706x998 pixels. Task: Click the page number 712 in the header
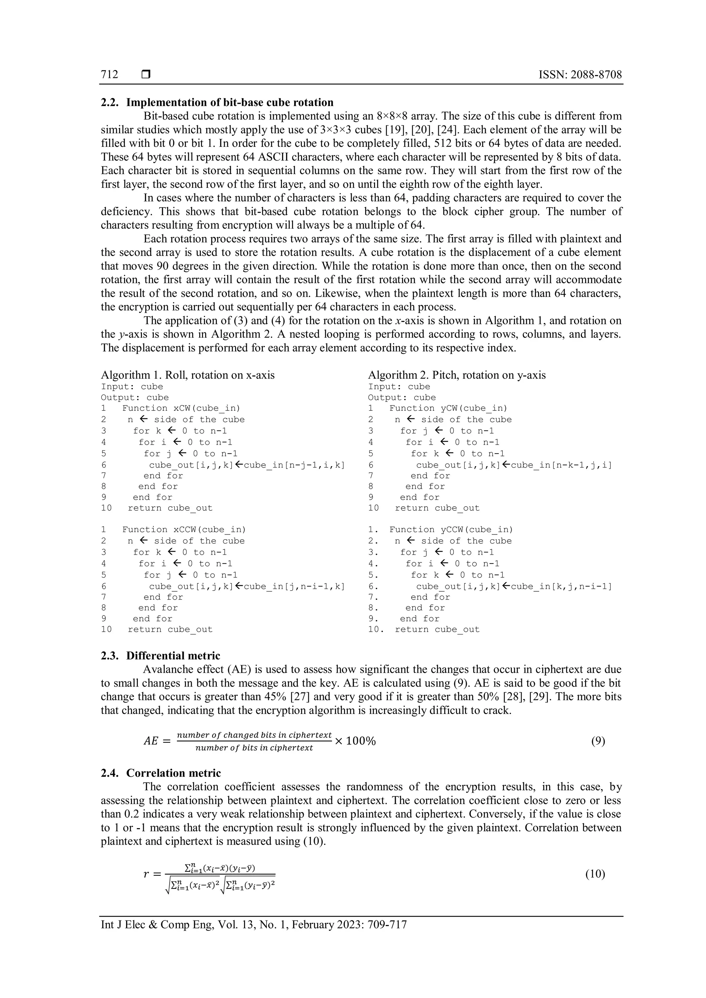[110, 74]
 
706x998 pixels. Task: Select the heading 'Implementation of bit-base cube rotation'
[230, 103]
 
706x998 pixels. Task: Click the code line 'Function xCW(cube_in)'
[181, 408]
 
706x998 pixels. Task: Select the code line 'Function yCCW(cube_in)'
[451, 529]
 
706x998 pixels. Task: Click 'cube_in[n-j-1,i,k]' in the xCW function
[294, 465]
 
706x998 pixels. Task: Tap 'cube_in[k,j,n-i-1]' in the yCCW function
[561, 587]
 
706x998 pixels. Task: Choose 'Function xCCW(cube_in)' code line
[184, 529]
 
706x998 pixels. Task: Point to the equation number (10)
[595, 874]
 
